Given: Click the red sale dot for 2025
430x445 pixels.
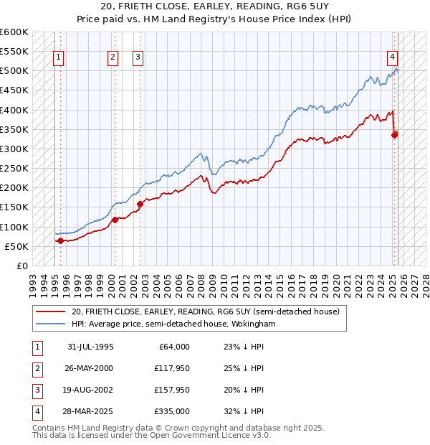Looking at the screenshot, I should (395, 134).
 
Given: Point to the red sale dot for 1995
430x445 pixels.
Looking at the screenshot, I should (60, 240).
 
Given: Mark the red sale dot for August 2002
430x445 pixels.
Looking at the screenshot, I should (140, 204).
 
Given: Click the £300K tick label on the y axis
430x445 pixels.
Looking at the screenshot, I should (14, 149).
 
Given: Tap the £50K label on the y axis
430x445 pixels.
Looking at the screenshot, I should (16, 246).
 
